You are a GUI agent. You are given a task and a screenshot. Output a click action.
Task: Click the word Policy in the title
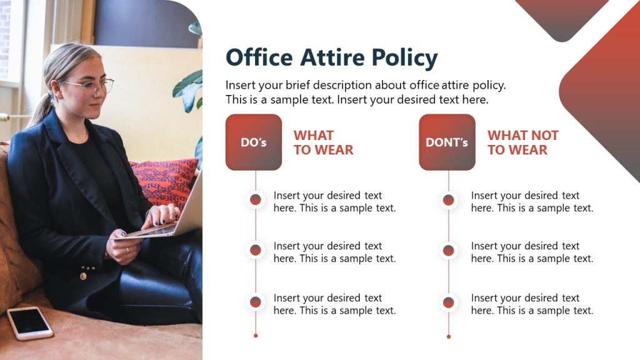(x=404, y=58)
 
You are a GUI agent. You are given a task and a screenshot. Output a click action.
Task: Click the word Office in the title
(x=259, y=57)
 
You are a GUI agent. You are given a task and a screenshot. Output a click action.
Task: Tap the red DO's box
(x=253, y=142)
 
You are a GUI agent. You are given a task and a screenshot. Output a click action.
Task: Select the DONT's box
(x=447, y=142)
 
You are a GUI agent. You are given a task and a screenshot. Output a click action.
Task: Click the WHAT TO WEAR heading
(x=323, y=142)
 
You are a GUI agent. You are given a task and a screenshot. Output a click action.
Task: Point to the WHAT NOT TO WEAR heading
(x=522, y=142)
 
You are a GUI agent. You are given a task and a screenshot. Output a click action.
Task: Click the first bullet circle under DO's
(x=256, y=200)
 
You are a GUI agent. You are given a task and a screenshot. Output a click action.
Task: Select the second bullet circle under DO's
(x=256, y=251)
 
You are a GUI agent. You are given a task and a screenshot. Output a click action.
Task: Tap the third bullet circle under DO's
(x=256, y=302)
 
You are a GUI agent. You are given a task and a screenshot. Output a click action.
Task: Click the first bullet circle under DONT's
(x=448, y=200)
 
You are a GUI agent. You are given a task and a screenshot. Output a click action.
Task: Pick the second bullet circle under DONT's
(x=448, y=251)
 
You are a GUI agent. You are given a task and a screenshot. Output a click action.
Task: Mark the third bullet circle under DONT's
(x=448, y=302)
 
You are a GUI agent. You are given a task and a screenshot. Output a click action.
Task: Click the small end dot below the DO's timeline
(x=256, y=336)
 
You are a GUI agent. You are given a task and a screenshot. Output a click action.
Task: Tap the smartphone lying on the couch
(x=29, y=322)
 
